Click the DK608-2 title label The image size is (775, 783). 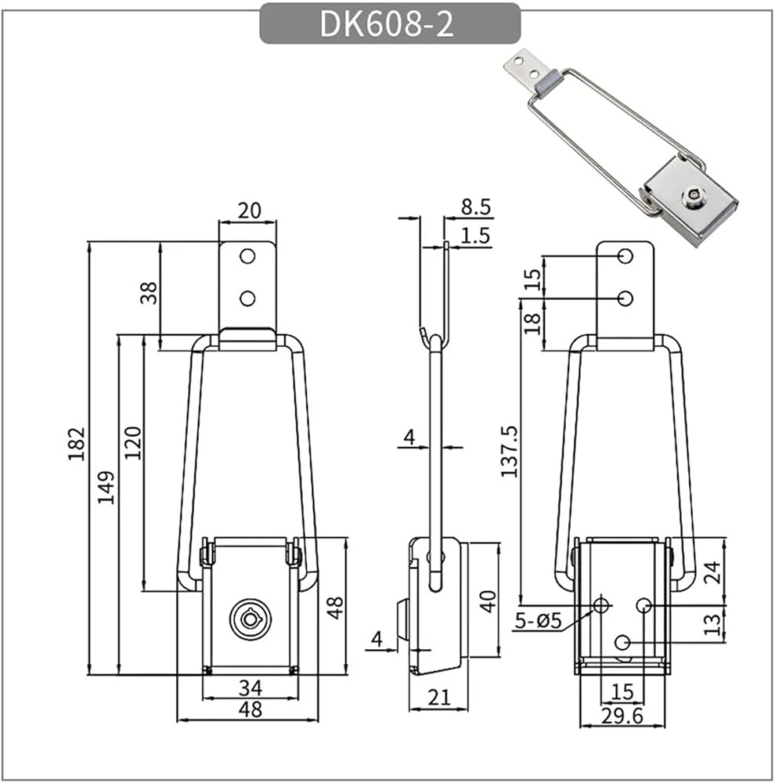click(x=387, y=23)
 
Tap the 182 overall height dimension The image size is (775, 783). click(x=77, y=444)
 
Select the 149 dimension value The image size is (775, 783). click(x=106, y=487)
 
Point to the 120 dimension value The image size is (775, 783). click(x=133, y=443)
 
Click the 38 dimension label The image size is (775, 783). click(x=149, y=293)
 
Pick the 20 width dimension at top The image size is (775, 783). click(x=249, y=211)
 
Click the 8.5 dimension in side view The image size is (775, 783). click(x=476, y=206)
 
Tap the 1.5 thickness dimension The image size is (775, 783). click(x=475, y=235)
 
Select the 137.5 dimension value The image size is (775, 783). click(x=510, y=452)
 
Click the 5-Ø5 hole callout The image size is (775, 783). click(x=539, y=621)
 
